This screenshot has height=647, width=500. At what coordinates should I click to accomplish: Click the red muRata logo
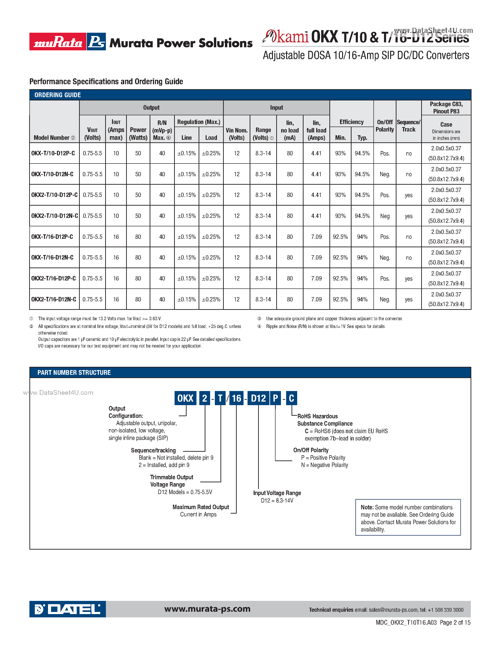point(58,41)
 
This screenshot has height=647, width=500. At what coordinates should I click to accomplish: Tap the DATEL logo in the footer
point(68,609)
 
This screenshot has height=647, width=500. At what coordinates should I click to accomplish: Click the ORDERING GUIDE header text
point(57,95)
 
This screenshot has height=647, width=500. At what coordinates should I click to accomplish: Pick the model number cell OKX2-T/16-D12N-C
point(54,299)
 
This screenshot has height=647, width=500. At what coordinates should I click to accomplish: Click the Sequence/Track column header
point(408,126)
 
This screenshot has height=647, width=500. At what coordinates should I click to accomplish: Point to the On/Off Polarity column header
point(384,126)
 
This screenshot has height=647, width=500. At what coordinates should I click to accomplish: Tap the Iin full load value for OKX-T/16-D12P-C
point(316,237)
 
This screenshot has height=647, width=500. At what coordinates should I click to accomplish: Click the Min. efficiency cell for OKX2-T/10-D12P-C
point(340,195)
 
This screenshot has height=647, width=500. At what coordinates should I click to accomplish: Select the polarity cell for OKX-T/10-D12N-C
point(384,174)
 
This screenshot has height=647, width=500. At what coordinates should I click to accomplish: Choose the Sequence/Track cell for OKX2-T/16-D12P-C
point(408,279)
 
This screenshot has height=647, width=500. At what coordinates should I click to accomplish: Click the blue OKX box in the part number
point(185,398)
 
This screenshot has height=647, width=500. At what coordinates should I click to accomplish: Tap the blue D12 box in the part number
point(258,398)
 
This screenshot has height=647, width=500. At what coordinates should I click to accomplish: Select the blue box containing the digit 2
point(205,398)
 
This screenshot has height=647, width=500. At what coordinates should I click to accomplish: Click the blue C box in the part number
point(292,398)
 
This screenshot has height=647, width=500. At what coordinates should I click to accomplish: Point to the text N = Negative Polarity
point(324,465)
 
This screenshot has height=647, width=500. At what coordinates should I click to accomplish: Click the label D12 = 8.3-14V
point(277,500)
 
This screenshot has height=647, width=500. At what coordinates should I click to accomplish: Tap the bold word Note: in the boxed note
point(367,507)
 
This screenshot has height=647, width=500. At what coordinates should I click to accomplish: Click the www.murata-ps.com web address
point(207,609)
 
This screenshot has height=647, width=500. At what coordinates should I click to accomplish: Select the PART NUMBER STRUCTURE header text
point(74,372)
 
